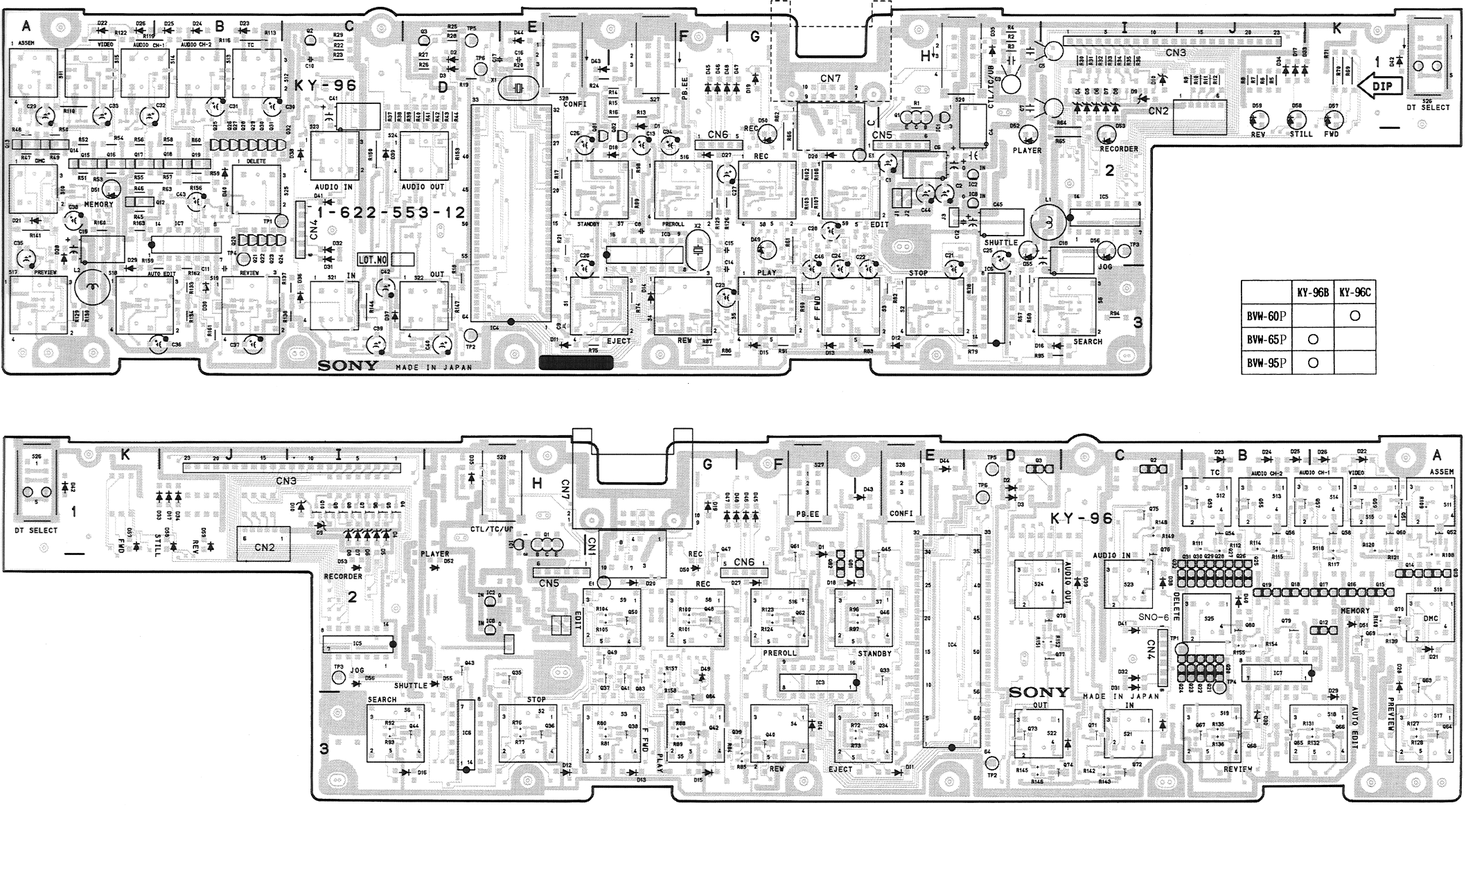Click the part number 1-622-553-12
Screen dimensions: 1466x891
pos(391,212)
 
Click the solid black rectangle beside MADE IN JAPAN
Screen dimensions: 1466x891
pos(576,363)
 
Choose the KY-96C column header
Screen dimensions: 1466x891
pos(1354,292)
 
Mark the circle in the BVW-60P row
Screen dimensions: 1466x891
pos(1354,316)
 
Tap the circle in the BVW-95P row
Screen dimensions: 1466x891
pos(1311,362)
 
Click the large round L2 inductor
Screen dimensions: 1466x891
pos(93,285)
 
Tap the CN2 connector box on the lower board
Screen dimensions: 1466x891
pos(263,547)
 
